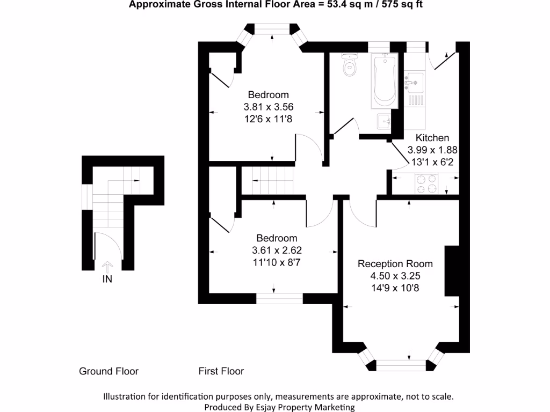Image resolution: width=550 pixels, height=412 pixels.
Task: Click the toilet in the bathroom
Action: pos(351,64)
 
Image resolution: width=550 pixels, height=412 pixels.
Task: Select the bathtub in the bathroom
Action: pos(383,80)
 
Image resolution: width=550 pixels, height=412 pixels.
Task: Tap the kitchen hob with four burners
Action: pos(426,184)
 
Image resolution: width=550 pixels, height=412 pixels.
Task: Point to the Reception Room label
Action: pos(395,264)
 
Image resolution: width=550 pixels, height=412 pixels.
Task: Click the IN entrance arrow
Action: pos(107,267)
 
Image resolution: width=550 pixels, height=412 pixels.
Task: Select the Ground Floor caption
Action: pos(108,371)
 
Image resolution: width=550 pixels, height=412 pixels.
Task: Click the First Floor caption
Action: pos(221,371)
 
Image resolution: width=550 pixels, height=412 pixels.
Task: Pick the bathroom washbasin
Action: pos(385,121)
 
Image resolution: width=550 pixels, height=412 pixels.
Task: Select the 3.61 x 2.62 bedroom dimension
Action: pos(276,250)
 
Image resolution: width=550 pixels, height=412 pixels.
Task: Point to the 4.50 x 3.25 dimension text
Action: pos(395,276)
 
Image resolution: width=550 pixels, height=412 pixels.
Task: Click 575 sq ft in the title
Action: pos(406,5)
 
